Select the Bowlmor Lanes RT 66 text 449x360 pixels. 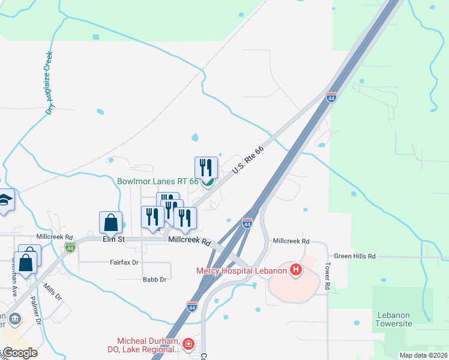tap(158, 181)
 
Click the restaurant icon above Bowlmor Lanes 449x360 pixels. tap(206, 167)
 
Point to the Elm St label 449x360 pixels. tap(113, 239)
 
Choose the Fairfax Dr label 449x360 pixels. tap(124, 262)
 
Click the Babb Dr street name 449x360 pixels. tap(154, 280)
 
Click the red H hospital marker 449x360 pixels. tap(295, 270)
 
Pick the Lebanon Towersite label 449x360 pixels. tap(394, 319)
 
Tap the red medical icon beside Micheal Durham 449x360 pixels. tap(188, 344)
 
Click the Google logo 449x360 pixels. tap(19, 353)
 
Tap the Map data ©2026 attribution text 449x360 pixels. tap(423, 355)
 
